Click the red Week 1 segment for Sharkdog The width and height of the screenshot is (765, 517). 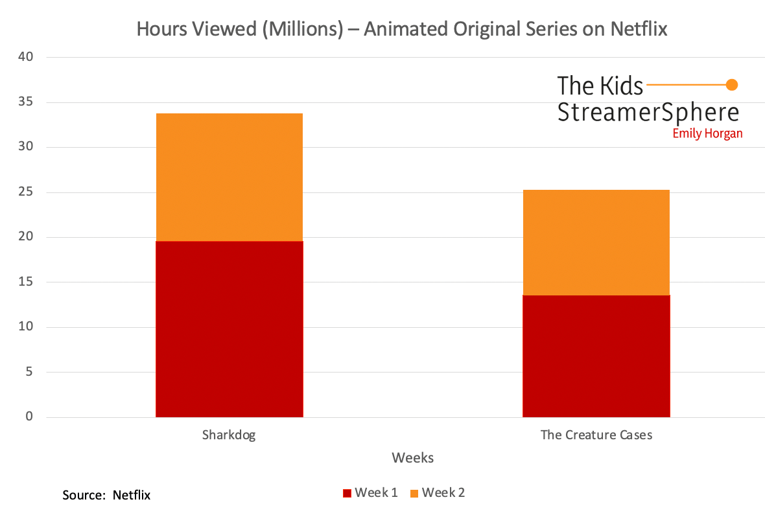(229, 328)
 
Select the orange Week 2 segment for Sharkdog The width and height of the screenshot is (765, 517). (229, 177)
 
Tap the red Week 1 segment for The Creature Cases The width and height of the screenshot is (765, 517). (596, 356)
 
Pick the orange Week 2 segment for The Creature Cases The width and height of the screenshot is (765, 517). (596, 242)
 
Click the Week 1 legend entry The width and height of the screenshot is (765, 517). (370, 493)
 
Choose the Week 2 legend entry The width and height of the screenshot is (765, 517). (438, 493)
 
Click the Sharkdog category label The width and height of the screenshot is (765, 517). (229, 435)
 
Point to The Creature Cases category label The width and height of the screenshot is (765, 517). (596, 435)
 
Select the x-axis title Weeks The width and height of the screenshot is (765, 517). (412, 458)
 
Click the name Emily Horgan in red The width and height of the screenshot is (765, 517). (707, 133)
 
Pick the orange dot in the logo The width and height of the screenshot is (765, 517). (732, 84)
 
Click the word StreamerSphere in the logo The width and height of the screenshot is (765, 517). (648, 111)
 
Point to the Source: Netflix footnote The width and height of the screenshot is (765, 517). (106, 496)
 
